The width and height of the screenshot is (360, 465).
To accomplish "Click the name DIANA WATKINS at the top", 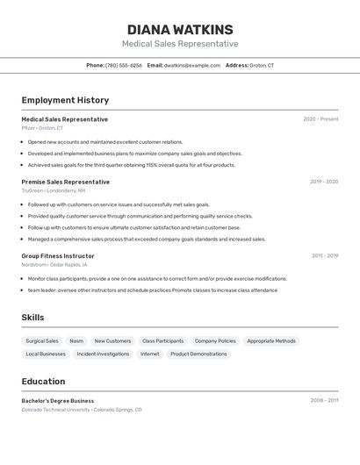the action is pyautogui.click(x=180, y=30).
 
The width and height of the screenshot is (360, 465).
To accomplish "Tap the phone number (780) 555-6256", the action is pyautogui.click(x=124, y=66).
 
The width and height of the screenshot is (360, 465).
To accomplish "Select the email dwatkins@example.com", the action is pyautogui.click(x=192, y=66).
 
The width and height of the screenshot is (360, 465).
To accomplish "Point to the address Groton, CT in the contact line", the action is pyautogui.click(x=262, y=66).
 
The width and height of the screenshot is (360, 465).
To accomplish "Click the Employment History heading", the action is pyautogui.click(x=65, y=101).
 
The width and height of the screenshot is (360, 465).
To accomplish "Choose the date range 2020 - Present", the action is pyautogui.click(x=320, y=119).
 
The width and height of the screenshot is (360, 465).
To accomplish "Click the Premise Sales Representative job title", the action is pyautogui.click(x=66, y=182).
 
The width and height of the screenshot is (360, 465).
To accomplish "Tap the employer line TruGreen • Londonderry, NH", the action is pyautogui.click(x=54, y=190).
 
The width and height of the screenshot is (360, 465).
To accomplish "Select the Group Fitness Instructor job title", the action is pyautogui.click(x=58, y=256).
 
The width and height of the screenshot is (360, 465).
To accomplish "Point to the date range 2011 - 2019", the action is pyautogui.click(x=325, y=256).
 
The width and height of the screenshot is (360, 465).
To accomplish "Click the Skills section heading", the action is pyautogui.click(x=32, y=318).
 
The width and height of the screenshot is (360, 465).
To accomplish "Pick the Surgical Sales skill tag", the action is pyautogui.click(x=42, y=341).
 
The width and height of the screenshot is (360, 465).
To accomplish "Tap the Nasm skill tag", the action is pyautogui.click(x=76, y=341).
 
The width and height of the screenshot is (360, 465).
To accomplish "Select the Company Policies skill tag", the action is pyautogui.click(x=215, y=341).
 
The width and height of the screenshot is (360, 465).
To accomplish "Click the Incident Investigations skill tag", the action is pyautogui.click(x=103, y=354).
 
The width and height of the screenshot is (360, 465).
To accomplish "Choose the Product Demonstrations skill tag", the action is pyautogui.click(x=198, y=354).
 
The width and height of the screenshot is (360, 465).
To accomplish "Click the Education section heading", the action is pyautogui.click(x=43, y=382).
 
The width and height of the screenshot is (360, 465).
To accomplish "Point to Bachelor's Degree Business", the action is pyautogui.click(x=58, y=401).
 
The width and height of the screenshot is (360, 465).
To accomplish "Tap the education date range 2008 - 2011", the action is pyautogui.click(x=324, y=401).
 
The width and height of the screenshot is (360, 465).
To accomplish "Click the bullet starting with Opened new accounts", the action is pyautogui.click(x=105, y=141).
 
